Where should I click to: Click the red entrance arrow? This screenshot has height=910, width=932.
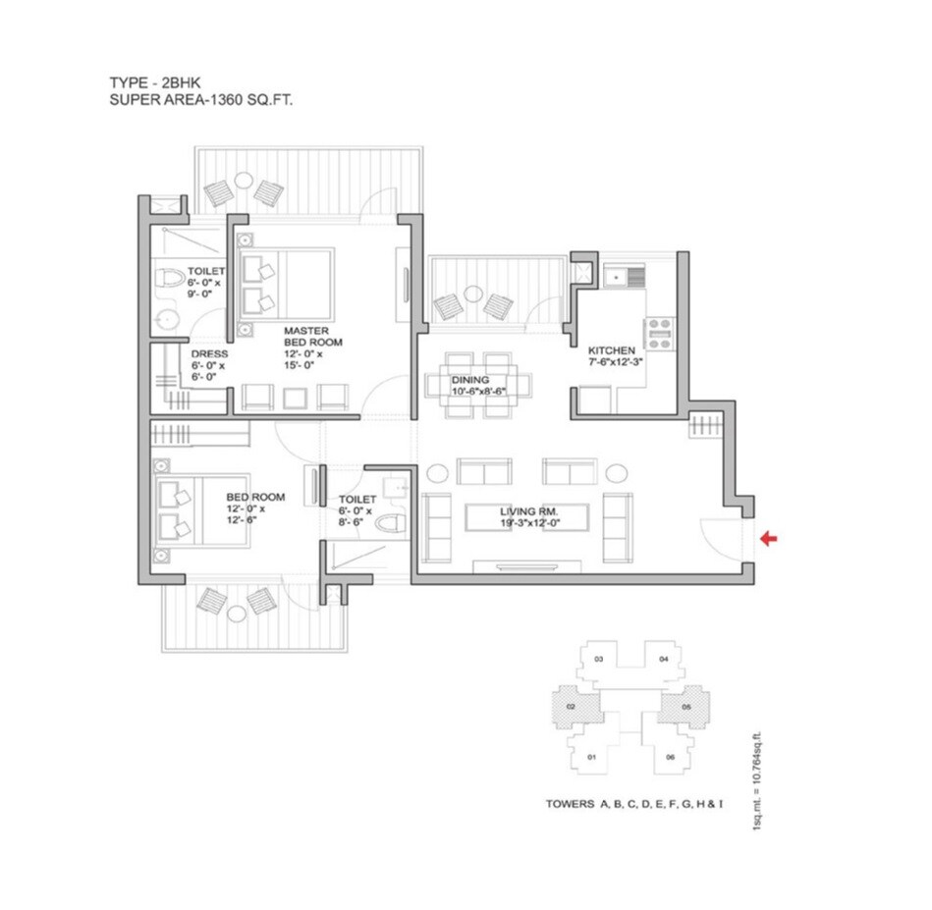(x=769, y=537)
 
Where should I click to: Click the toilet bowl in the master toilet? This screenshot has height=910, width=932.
(x=172, y=279)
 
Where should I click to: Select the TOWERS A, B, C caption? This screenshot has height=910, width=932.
(x=634, y=804)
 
